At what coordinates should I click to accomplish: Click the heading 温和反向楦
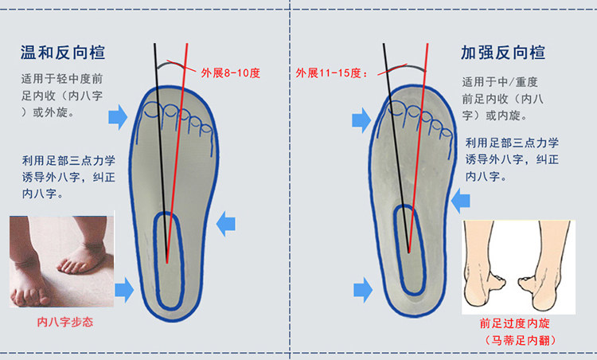coord(63,53)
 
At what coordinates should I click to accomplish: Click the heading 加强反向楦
coord(503,53)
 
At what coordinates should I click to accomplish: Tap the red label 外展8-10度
coord(231,73)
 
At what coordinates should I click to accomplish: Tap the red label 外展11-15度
coord(331,73)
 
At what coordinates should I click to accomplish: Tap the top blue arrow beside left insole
coord(117,117)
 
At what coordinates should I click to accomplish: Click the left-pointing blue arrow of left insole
coord(228,222)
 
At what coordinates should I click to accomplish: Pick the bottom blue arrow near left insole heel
coord(124,290)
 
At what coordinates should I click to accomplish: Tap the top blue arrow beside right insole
coord(362,121)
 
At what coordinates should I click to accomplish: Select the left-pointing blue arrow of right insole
coord(461,204)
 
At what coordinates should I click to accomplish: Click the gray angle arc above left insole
coord(171,64)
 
